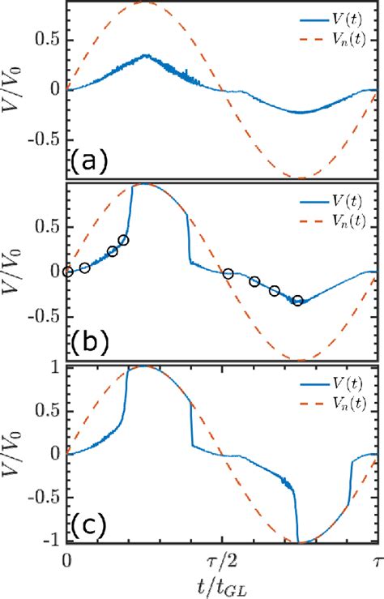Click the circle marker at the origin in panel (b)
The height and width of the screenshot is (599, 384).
coord(67,272)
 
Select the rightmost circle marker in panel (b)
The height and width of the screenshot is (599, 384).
coord(298,301)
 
